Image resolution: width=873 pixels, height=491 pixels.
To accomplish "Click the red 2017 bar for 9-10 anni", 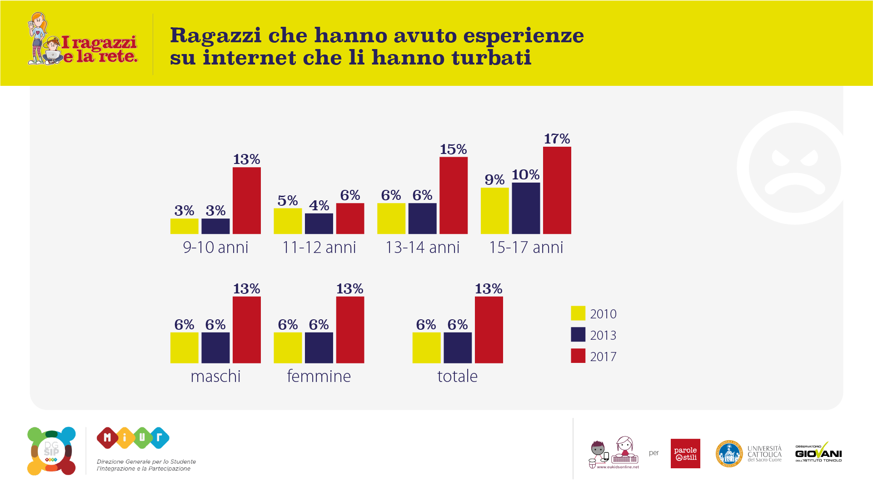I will point(247,200).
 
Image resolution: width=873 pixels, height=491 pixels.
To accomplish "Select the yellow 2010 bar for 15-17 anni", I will point(494,211).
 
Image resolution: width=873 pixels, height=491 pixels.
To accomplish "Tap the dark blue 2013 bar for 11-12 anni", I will point(319,223).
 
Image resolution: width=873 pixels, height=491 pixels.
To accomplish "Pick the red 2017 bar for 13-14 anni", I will point(454,195).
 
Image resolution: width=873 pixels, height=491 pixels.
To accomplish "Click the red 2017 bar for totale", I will point(489,330).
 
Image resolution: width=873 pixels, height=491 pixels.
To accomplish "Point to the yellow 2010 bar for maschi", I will point(185,347).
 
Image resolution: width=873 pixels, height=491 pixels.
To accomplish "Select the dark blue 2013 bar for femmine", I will point(319,347).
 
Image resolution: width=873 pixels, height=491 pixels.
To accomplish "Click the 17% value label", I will point(557,139).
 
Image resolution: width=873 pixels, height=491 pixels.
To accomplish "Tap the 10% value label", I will point(525,174).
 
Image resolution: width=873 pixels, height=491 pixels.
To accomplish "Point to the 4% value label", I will point(319,205).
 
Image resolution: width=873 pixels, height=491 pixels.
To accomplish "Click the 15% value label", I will point(453,149).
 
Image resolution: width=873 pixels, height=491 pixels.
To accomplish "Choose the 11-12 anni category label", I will point(319,248).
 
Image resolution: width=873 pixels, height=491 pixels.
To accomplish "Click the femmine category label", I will point(319,376).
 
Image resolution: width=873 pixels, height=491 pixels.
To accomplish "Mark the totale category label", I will point(457,376).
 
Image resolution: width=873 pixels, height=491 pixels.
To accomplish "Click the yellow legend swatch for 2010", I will point(578,313).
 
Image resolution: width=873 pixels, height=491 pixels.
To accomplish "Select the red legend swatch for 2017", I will point(578,356).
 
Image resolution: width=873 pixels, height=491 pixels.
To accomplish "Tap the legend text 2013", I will point(603,335).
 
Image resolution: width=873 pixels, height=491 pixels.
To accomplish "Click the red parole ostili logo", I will point(685,453).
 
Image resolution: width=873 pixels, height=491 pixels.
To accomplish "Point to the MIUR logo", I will point(133,438).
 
